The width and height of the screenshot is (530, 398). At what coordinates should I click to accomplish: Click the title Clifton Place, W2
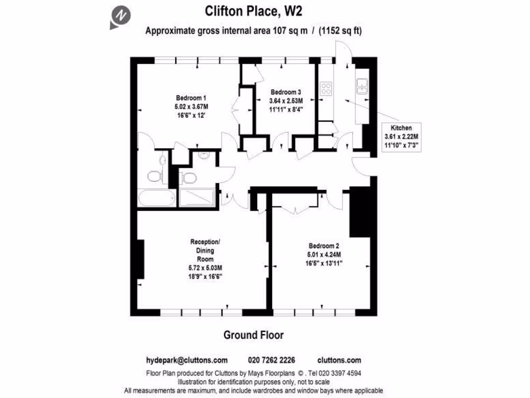coord(254,11)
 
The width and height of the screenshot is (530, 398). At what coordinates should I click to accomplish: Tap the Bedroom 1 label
coord(191,98)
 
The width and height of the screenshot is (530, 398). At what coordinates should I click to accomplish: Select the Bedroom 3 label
coord(286,92)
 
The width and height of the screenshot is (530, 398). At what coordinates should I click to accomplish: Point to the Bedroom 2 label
coord(324,246)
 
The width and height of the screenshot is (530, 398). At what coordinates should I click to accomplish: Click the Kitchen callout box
coord(401,137)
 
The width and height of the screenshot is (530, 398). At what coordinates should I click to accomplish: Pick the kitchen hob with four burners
coord(327,89)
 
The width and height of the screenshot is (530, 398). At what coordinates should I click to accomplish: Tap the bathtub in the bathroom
coord(156,197)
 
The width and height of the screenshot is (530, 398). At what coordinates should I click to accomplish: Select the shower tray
coord(197,197)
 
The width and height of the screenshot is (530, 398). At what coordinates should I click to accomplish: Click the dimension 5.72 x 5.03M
coord(205,267)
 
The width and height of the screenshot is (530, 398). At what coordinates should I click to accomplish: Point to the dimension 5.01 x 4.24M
coord(324,254)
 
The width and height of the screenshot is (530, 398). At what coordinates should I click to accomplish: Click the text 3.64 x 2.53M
coord(286,101)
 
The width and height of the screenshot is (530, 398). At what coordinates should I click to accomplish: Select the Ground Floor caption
coord(254,335)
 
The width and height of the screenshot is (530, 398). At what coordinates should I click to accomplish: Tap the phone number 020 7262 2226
coord(272,360)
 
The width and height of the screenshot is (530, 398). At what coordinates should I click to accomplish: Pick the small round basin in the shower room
coord(203,155)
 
